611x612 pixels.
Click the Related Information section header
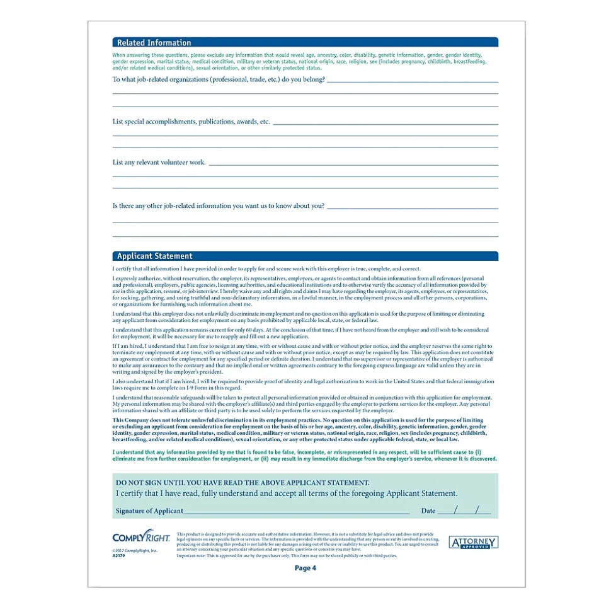tap(154, 43)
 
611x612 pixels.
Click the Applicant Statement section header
tap(154, 257)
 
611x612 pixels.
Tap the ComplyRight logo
tap(134, 538)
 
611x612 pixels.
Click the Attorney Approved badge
tap(473, 543)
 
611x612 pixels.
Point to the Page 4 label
tap(305, 569)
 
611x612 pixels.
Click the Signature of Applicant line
tap(296, 511)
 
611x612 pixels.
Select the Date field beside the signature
tap(464, 511)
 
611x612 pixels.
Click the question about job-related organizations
tap(219, 80)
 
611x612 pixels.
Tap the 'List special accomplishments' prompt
tap(191, 122)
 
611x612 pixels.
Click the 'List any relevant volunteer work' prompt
tap(159, 163)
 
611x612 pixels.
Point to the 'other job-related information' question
tap(219, 205)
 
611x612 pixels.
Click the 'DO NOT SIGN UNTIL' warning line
tap(243, 482)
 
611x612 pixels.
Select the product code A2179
tap(118, 556)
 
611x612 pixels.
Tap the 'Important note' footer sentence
tap(287, 557)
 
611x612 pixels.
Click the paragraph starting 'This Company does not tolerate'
tap(299, 430)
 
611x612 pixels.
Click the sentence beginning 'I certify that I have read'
tap(287, 494)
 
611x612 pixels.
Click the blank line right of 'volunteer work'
tap(353, 165)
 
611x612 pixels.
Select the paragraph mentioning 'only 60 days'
tap(299, 332)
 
